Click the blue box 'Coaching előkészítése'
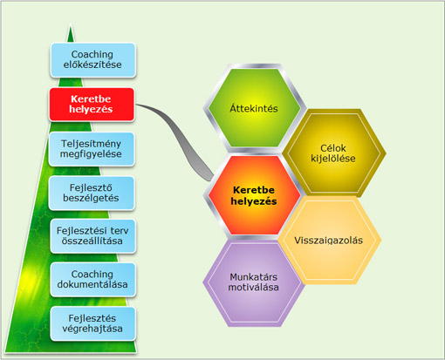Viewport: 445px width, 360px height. tap(93, 60)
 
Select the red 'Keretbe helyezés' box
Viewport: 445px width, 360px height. tap(92, 105)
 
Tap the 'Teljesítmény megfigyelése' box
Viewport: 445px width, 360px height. tap(92, 149)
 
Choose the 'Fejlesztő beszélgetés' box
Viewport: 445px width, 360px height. tap(92, 193)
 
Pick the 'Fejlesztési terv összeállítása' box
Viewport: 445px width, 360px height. tap(93, 236)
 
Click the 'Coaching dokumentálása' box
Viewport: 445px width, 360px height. tap(93, 280)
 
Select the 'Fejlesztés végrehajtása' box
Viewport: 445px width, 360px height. tap(93, 323)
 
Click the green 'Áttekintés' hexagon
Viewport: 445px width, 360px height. tap(254, 108)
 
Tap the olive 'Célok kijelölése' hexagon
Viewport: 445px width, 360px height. tap(333, 153)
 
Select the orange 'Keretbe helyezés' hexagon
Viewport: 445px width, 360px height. tap(254, 195)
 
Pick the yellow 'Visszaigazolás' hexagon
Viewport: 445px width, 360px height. tap(329, 241)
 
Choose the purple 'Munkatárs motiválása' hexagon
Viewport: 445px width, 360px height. tap(254, 282)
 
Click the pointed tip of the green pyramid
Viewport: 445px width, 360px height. tap(71, 24)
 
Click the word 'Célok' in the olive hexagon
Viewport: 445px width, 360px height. tap(333, 148)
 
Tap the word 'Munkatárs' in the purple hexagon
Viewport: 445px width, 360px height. tap(254, 277)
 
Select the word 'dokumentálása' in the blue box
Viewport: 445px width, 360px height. tap(92, 284)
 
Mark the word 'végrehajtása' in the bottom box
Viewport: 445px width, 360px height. tap(92, 329)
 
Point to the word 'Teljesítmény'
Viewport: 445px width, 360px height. tap(91, 144)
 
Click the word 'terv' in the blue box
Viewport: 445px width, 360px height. tap(120, 231)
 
